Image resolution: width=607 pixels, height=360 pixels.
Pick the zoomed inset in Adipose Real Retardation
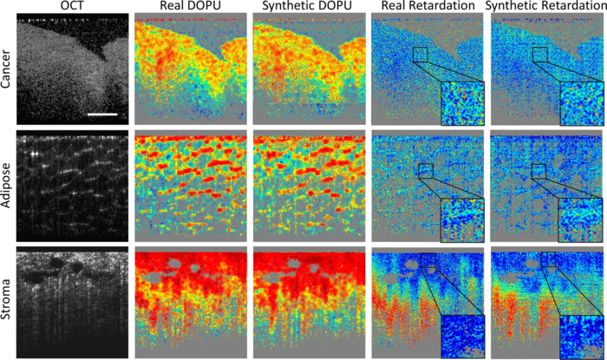tap(463, 219)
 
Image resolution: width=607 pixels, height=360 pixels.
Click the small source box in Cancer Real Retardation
tap(421, 55)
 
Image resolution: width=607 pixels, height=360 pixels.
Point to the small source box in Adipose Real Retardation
tap(425, 171)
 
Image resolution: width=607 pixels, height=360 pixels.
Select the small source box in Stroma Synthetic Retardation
tap(548, 259)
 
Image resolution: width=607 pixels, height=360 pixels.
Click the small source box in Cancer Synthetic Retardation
tap(539, 55)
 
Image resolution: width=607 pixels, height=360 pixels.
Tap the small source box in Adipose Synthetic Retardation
tap(538, 171)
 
